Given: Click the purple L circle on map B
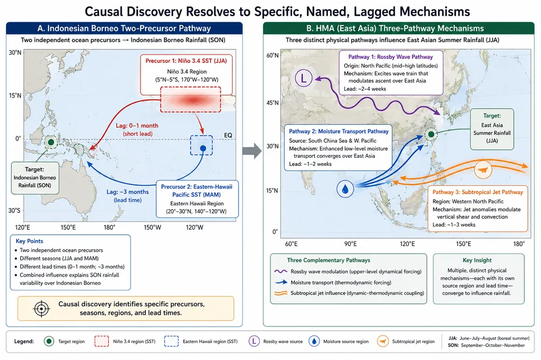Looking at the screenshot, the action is (304, 78).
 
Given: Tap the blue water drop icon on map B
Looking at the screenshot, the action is (345, 189).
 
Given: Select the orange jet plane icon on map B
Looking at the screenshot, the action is (483, 170).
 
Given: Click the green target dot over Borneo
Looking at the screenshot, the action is (51, 142).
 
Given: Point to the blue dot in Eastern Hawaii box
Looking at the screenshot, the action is (203, 148).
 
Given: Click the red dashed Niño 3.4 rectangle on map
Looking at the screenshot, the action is (190, 99).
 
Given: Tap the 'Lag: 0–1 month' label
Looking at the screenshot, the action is (137, 125).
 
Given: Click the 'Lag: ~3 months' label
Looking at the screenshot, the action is (128, 192).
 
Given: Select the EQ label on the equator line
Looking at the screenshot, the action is (228, 135).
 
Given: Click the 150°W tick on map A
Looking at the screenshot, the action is (153, 227).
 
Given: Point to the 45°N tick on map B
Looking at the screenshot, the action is (272, 103).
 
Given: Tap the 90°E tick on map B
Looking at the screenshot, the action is (350, 244).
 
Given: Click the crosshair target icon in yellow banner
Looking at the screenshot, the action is (42, 309).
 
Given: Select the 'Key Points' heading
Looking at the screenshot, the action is (29, 241).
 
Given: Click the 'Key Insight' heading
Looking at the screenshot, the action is (477, 260).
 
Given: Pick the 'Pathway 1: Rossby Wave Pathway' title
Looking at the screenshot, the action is (390, 57).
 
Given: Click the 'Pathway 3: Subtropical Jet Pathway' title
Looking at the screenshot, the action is (478, 192).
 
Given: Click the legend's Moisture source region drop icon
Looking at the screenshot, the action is (314, 342).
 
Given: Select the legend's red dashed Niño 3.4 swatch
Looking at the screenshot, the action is (102, 342).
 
